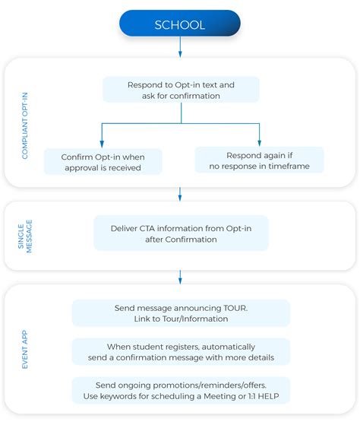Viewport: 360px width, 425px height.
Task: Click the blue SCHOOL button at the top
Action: (x=180, y=24)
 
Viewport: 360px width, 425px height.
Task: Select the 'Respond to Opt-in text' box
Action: (x=181, y=90)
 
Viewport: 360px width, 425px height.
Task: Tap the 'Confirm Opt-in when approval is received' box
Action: (x=103, y=162)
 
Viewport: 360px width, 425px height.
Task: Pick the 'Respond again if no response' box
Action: (x=259, y=160)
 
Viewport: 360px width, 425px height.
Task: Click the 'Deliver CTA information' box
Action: (x=181, y=233)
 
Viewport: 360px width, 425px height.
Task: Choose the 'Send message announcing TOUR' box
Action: (x=181, y=313)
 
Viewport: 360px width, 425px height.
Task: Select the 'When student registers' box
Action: (x=181, y=352)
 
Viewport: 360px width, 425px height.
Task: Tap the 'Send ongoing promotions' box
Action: (x=181, y=391)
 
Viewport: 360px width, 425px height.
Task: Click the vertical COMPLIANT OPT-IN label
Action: (x=25, y=125)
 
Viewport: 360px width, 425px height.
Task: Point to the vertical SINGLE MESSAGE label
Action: (x=25, y=236)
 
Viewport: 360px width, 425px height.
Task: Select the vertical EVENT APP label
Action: (x=25, y=350)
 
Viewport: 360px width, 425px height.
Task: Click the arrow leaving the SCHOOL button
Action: (x=180, y=47)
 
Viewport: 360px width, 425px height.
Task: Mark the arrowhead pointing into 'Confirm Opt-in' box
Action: (x=102, y=144)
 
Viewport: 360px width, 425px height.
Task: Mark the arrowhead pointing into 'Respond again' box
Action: (x=259, y=143)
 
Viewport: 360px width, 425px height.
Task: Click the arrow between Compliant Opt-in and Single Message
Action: (x=180, y=194)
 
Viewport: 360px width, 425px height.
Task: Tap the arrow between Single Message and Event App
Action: (x=180, y=277)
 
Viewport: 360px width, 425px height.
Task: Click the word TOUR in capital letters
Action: (x=235, y=308)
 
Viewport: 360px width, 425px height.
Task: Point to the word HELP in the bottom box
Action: (x=268, y=396)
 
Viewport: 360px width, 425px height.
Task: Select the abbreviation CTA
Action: (x=147, y=229)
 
